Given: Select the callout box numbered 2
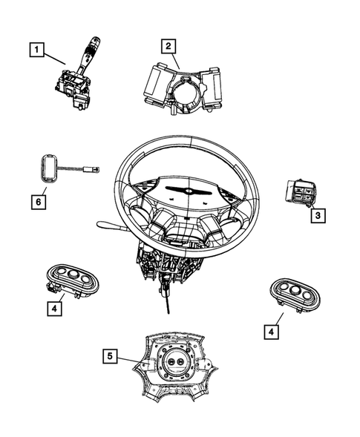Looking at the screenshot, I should click(169, 45).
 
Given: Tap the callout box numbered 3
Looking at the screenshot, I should click(317, 215).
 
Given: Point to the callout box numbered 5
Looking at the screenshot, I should click(111, 357).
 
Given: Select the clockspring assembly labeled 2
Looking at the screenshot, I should click(183, 88).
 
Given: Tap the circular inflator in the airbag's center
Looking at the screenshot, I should click(177, 362).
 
